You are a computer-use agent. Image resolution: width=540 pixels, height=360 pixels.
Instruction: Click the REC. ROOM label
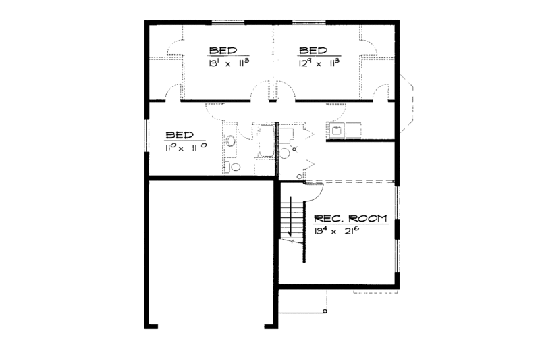tap(350, 218)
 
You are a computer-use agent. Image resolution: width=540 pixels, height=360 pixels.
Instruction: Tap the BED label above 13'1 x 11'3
tap(223, 50)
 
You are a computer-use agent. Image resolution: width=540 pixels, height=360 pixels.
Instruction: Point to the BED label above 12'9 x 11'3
tap(313, 50)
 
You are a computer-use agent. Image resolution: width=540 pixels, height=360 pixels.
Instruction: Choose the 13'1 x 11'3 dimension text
tap(227, 63)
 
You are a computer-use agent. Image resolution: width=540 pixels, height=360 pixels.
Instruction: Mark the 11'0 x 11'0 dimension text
tap(184, 147)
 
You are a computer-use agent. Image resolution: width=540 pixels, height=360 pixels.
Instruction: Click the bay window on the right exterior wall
tap(409, 103)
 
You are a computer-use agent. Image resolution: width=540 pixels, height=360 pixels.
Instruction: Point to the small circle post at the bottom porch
tap(325, 313)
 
